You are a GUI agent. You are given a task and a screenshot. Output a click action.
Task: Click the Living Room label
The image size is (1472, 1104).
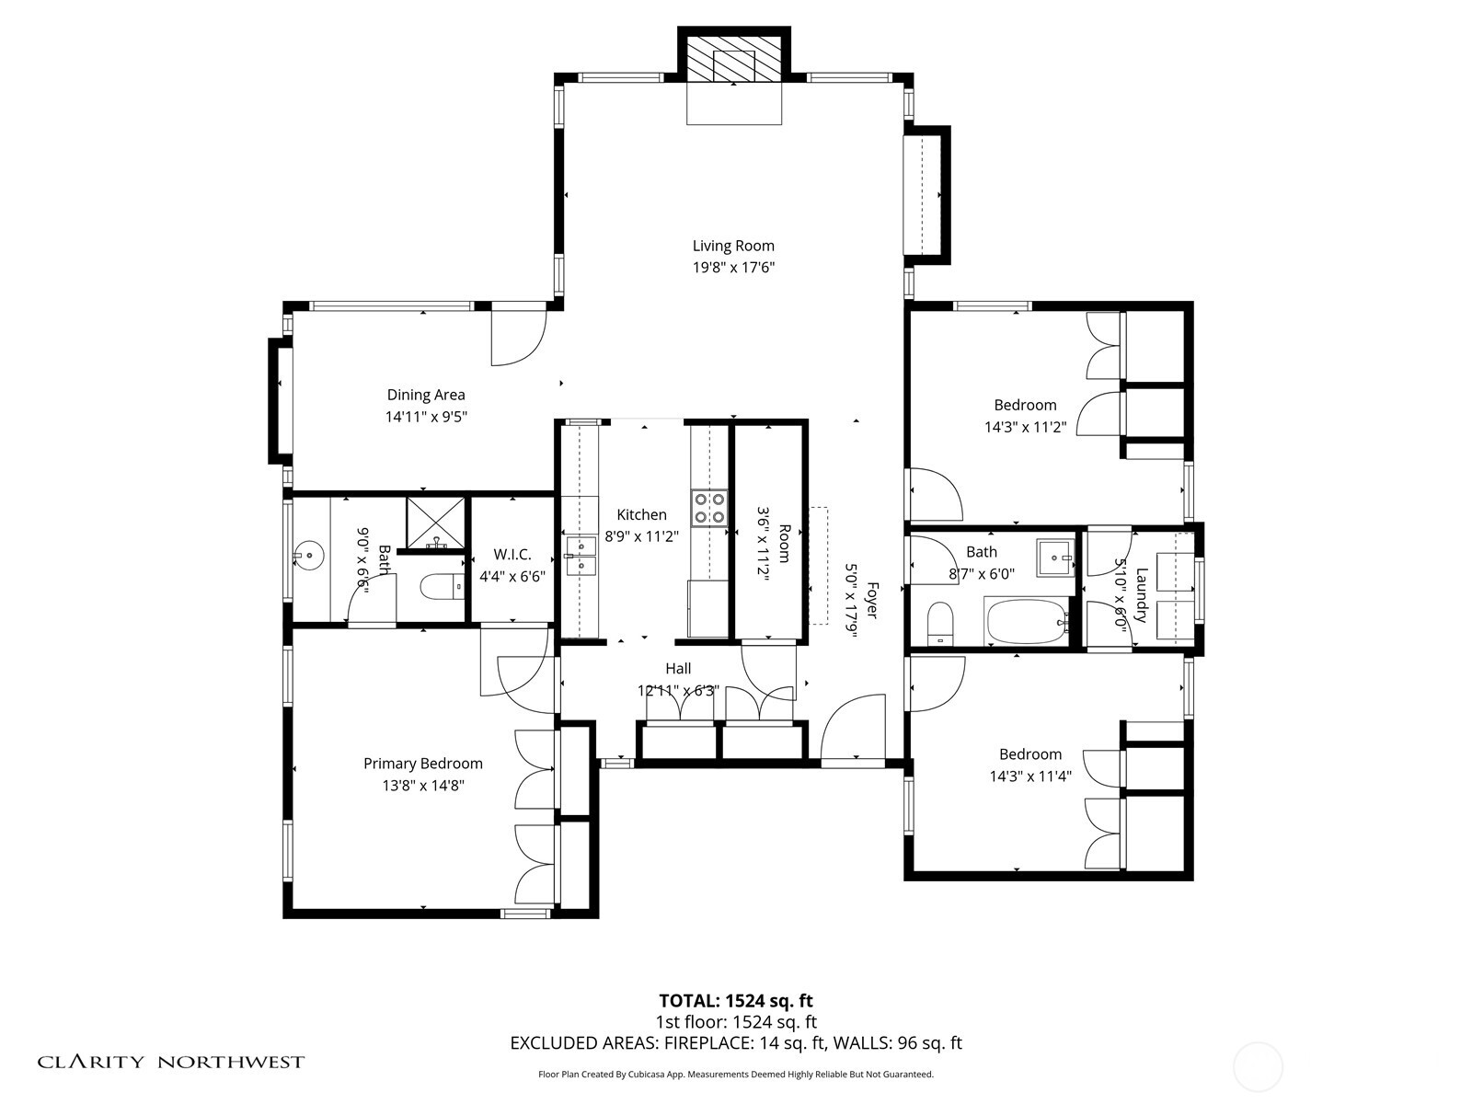733,246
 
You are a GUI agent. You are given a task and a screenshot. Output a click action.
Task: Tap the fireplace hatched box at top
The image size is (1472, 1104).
734,62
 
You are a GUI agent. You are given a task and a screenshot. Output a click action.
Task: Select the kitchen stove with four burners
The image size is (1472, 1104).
709,507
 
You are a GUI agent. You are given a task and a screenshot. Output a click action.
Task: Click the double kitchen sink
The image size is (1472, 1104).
581,557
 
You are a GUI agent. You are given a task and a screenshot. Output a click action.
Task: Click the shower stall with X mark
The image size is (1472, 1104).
437,523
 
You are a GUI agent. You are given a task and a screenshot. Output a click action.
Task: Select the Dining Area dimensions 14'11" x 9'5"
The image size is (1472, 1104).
426,417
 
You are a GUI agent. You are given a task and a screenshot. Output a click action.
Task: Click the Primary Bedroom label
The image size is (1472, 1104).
422,764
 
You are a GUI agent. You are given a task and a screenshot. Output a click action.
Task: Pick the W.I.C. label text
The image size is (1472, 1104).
512,555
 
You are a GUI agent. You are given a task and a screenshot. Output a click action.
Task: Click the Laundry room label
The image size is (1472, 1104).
1142,594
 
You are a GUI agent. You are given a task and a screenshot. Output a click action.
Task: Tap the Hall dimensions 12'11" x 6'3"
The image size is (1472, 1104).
678,691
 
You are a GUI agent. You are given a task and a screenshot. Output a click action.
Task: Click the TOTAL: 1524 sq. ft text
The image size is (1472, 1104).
735,1001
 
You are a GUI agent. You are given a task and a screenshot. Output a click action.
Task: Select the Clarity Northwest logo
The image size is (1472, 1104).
171,1062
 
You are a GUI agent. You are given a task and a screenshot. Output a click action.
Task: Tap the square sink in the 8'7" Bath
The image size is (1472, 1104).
1055,558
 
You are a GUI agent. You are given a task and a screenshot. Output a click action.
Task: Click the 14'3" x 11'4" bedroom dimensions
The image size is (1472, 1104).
1029,776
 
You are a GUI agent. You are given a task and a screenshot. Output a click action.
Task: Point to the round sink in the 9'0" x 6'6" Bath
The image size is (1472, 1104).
309,555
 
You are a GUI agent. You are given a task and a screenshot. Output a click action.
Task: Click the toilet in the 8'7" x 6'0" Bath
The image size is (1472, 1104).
939,624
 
